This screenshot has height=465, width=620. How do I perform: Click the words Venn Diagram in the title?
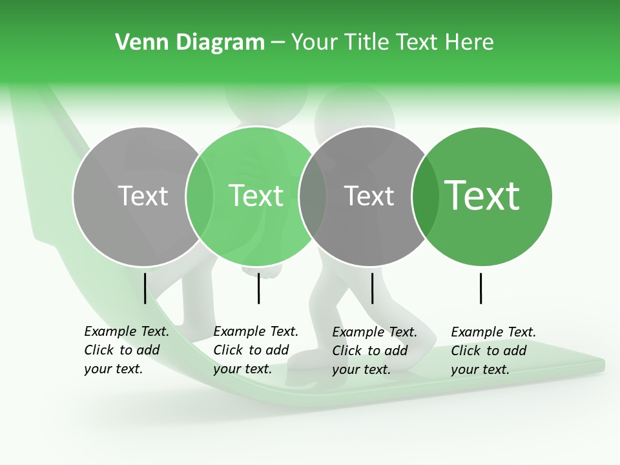click(190, 43)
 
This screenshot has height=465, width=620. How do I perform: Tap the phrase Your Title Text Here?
click(392, 43)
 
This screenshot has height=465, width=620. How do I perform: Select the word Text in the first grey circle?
click(143, 196)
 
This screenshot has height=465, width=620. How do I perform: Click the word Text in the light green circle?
click(256, 196)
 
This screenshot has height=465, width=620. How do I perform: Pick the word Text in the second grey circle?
click(369, 196)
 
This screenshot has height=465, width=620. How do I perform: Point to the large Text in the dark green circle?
click(482, 196)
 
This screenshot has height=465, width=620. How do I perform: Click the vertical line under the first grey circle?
click(145, 288)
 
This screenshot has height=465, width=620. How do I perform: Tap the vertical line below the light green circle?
click(258, 288)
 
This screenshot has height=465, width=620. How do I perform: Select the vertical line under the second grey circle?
click(372, 288)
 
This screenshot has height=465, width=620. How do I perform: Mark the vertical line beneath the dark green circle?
click(480, 288)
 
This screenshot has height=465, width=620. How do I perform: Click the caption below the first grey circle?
click(127, 350)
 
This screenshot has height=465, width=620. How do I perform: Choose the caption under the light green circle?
click(256, 350)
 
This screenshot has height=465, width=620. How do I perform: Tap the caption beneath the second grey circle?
click(375, 351)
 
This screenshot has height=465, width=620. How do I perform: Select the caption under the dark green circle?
click(493, 351)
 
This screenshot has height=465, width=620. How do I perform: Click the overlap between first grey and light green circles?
click(200, 196)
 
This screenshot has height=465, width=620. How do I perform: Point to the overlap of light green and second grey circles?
click(313, 196)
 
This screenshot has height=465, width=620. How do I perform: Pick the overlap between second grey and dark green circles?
click(425, 196)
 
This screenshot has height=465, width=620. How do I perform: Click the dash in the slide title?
click(278, 43)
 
